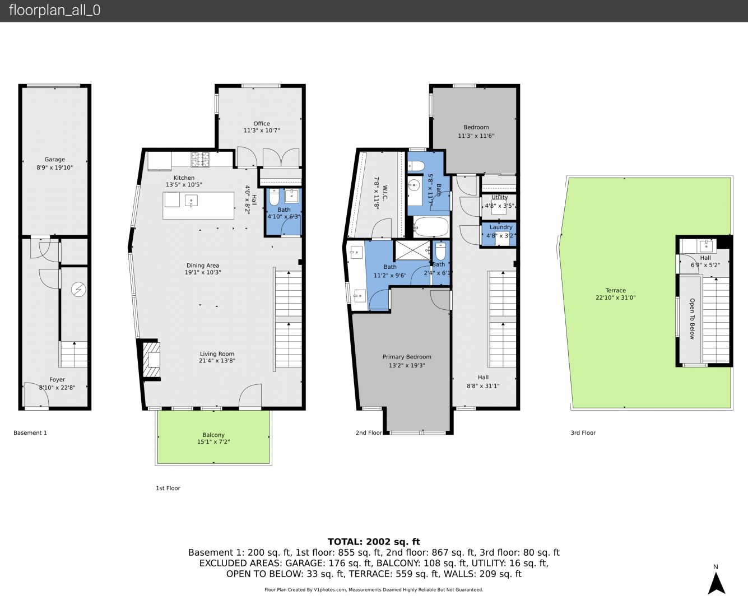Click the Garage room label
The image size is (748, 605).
54,160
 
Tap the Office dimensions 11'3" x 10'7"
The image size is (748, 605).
262,131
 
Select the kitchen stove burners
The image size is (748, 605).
200,159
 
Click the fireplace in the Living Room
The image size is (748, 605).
151,360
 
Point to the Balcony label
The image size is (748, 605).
213,435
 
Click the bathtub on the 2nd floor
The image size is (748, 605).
431,226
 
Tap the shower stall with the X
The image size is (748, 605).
413,250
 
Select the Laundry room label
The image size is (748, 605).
501,227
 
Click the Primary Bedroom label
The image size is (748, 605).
407,357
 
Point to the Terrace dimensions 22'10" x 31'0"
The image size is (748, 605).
616,297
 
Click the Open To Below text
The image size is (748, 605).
692,319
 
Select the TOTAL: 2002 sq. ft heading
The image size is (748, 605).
374,542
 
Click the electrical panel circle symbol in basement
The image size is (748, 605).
78,290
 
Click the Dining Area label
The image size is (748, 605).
203,266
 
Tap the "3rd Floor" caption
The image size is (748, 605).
583,432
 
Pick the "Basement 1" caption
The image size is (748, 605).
30,432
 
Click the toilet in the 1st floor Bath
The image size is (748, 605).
273,197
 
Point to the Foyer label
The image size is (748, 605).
57,380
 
